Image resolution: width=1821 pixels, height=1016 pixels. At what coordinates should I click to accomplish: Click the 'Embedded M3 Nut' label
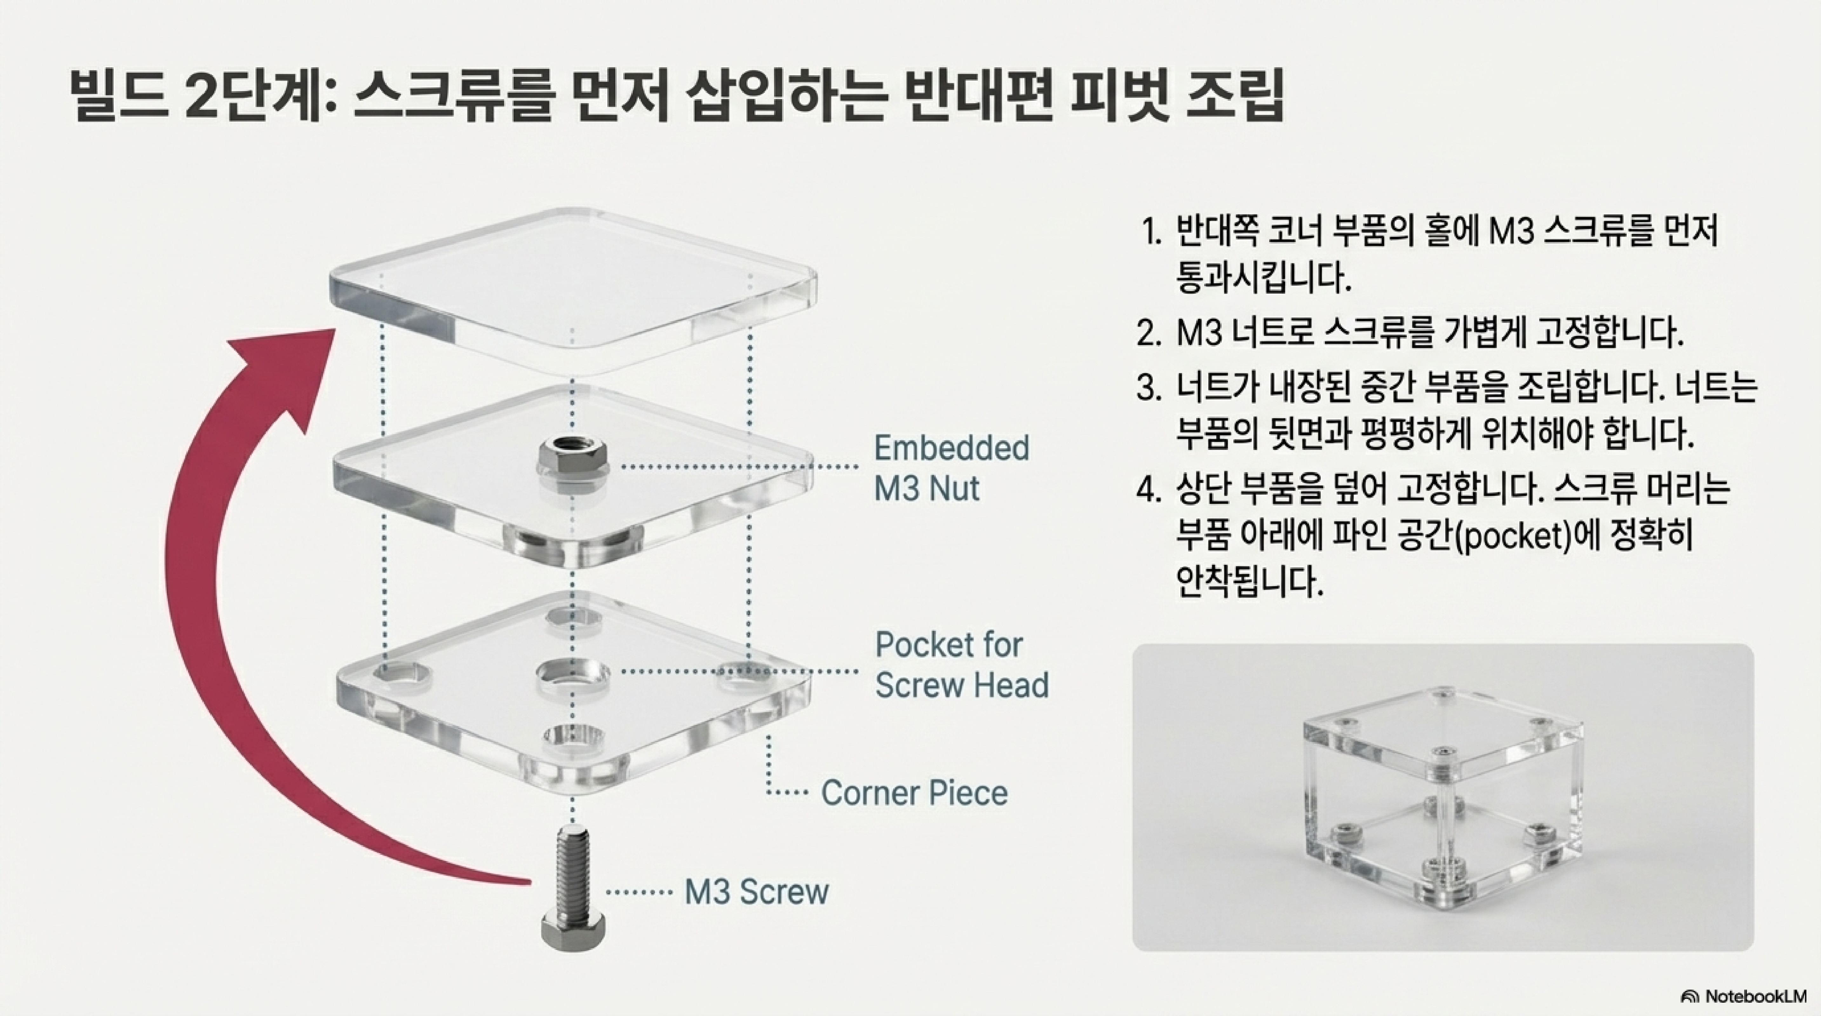[x=951, y=468]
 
